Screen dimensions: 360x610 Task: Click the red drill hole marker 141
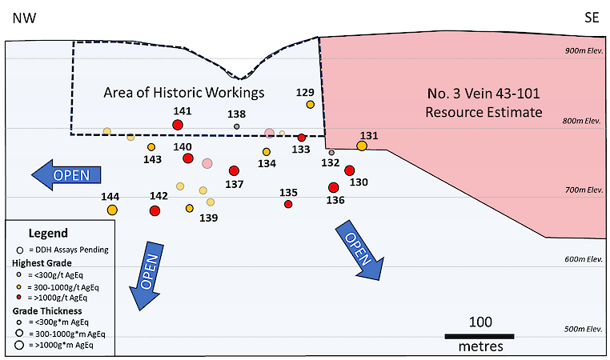(177, 125)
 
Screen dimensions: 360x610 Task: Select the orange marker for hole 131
(362, 146)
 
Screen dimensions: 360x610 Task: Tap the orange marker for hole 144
(112, 210)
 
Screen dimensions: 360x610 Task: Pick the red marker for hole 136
(333, 187)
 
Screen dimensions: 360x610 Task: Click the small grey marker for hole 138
(236, 126)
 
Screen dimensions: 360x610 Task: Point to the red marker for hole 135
(288, 205)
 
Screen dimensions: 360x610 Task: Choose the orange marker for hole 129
(310, 104)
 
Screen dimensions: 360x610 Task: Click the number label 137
(234, 184)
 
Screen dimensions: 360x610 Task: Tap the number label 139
(208, 218)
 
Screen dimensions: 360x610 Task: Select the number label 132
(330, 162)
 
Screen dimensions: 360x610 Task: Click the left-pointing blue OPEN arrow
(67, 174)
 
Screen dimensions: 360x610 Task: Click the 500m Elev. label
(582, 330)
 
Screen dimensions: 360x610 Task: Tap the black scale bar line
(480, 335)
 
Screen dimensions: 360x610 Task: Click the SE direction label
(592, 17)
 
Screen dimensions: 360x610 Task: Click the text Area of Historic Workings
(184, 93)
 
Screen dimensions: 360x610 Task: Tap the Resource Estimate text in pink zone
(484, 112)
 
